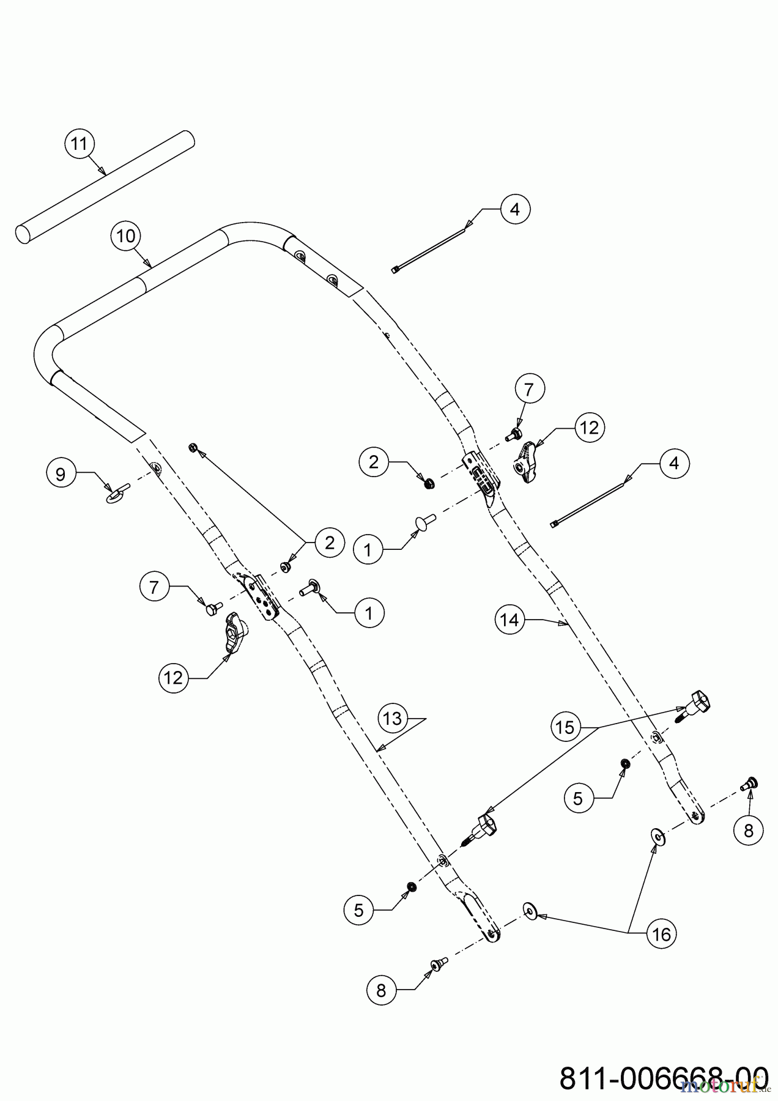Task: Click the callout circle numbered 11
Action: point(80,144)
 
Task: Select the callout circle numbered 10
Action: point(126,236)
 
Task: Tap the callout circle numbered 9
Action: point(61,474)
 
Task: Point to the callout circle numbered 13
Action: point(393,718)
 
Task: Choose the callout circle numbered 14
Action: point(509,620)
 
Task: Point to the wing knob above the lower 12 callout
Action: point(234,631)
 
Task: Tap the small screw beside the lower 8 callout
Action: point(439,963)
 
